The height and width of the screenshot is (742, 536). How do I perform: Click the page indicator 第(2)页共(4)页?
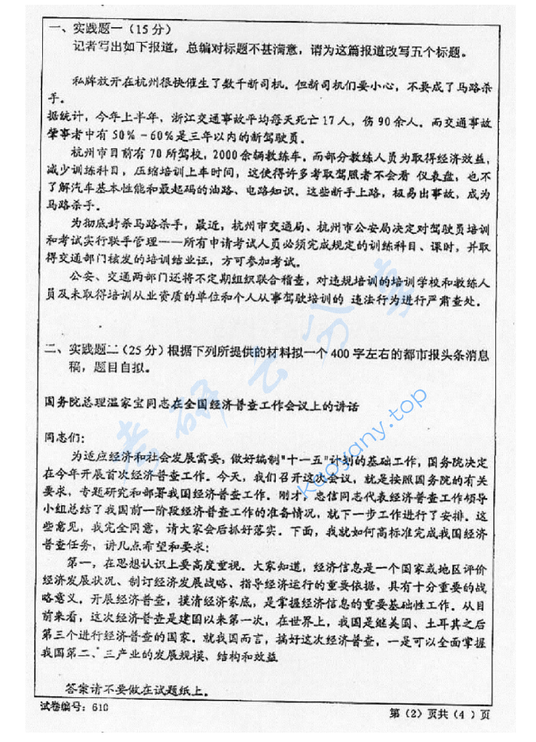click(440, 713)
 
